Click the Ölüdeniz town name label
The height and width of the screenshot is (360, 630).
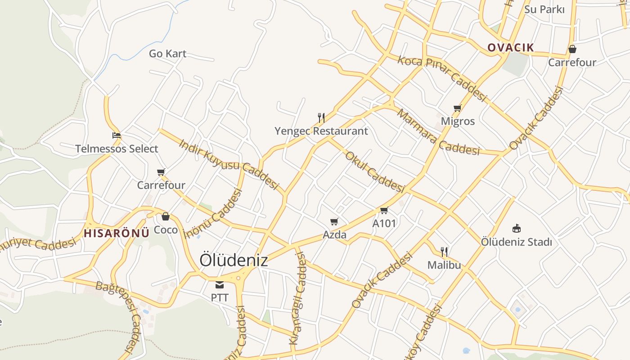(x=234, y=260)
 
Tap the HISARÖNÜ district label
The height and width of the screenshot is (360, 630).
(x=116, y=233)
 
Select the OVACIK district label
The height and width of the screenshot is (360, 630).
(x=511, y=48)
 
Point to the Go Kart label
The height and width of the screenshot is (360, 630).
(x=167, y=54)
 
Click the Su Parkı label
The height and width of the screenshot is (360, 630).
(x=544, y=9)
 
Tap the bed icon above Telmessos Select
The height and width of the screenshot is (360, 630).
(x=117, y=135)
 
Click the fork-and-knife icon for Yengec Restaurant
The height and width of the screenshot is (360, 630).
(x=321, y=118)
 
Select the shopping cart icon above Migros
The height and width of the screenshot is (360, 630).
(x=458, y=108)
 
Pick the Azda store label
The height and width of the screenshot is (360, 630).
(x=334, y=234)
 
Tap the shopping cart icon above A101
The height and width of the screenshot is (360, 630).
(x=384, y=210)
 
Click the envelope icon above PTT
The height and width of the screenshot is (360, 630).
(x=220, y=284)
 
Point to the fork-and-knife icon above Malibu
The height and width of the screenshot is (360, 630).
(x=444, y=252)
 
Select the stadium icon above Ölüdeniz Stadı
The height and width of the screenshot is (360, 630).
(x=517, y=228)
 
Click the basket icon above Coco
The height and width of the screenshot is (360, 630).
(x=166, y=216)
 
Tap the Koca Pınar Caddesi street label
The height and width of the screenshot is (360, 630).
(x=442, y=78)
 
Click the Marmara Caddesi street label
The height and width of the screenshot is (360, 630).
(x=438, y=132)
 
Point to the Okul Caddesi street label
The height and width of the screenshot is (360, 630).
(x=375, y=171)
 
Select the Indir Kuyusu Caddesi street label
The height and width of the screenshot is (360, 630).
(x=229, y=164)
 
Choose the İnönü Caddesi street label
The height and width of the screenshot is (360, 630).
(x=213, y=213)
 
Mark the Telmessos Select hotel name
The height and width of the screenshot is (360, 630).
(x=117, y=148)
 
